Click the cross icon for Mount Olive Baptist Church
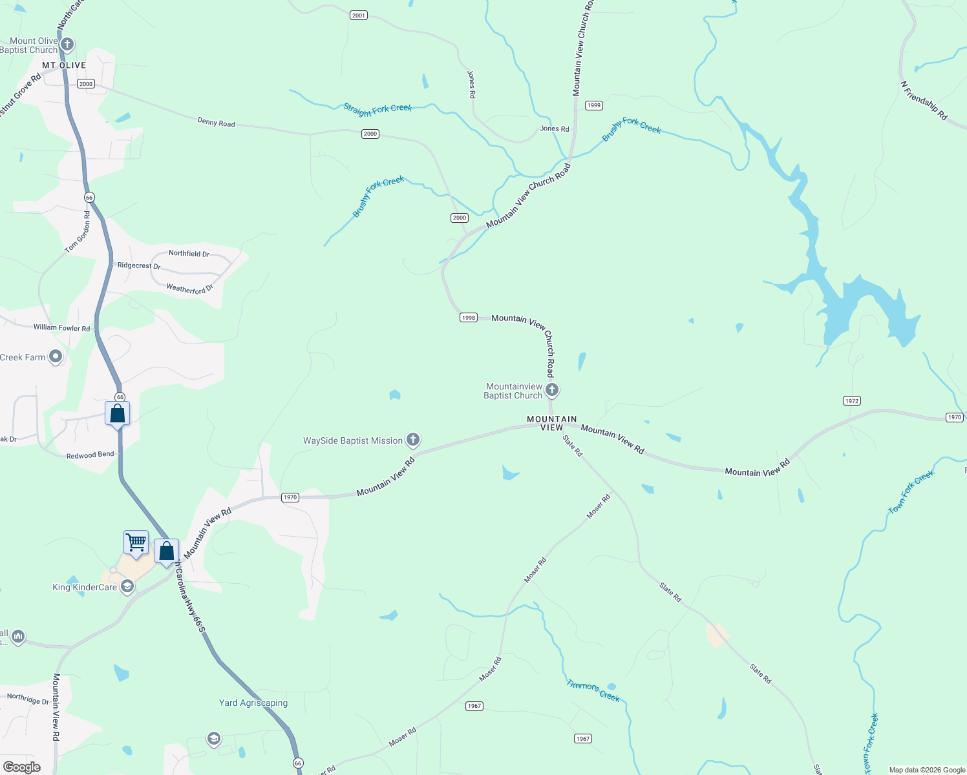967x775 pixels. (x=67, y=45)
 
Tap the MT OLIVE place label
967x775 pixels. (x=64, y=65)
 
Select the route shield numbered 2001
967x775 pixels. (x=359, y=15)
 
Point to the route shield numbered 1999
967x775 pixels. (x=593, y=105)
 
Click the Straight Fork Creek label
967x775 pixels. (x=377, y=109)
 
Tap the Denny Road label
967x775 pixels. (x=216, y=122)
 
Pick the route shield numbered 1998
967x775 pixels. (x=469, y=317)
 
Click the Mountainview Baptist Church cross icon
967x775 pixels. (x=552, y=389)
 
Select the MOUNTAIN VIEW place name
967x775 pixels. (x=551, y=423)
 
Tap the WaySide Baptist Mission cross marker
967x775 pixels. (x=413, y=440)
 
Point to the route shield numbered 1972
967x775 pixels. (x=852, y=401)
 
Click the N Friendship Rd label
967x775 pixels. (x=924, y=101)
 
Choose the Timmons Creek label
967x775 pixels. (x=593, y=690)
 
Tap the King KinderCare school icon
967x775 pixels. (x=127, y=586)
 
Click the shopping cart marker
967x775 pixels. (x=136, y=542)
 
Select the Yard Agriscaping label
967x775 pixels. (x=253, y=703)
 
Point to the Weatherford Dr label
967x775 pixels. (x=189, y=289)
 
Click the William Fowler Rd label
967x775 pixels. (x=62, y=327)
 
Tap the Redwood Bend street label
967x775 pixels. (x=90, y=455)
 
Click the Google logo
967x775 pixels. (x=22, y=767)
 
